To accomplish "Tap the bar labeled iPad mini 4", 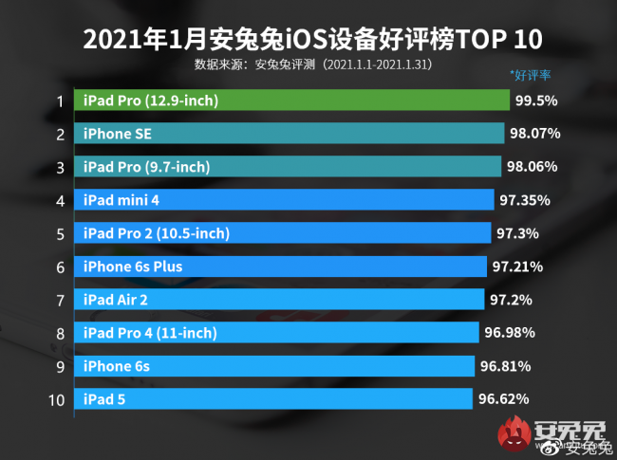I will pos(286,200).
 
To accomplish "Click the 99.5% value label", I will pos(537,101).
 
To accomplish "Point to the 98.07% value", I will pos(533,134).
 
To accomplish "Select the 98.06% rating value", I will pos(532,167).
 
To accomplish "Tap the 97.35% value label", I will pos(525,200).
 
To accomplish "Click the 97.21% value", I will pos(518,267).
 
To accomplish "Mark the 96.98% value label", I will pos(509,332).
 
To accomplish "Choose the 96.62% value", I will pos(503,398).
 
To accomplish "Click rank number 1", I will pos(60,101).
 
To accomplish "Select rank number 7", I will pos(60,300).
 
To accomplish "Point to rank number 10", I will pos(56,398).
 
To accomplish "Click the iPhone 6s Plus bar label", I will pos(133,267).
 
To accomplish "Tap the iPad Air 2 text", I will pos(116,300).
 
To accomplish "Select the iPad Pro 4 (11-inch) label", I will pos(150,333).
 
